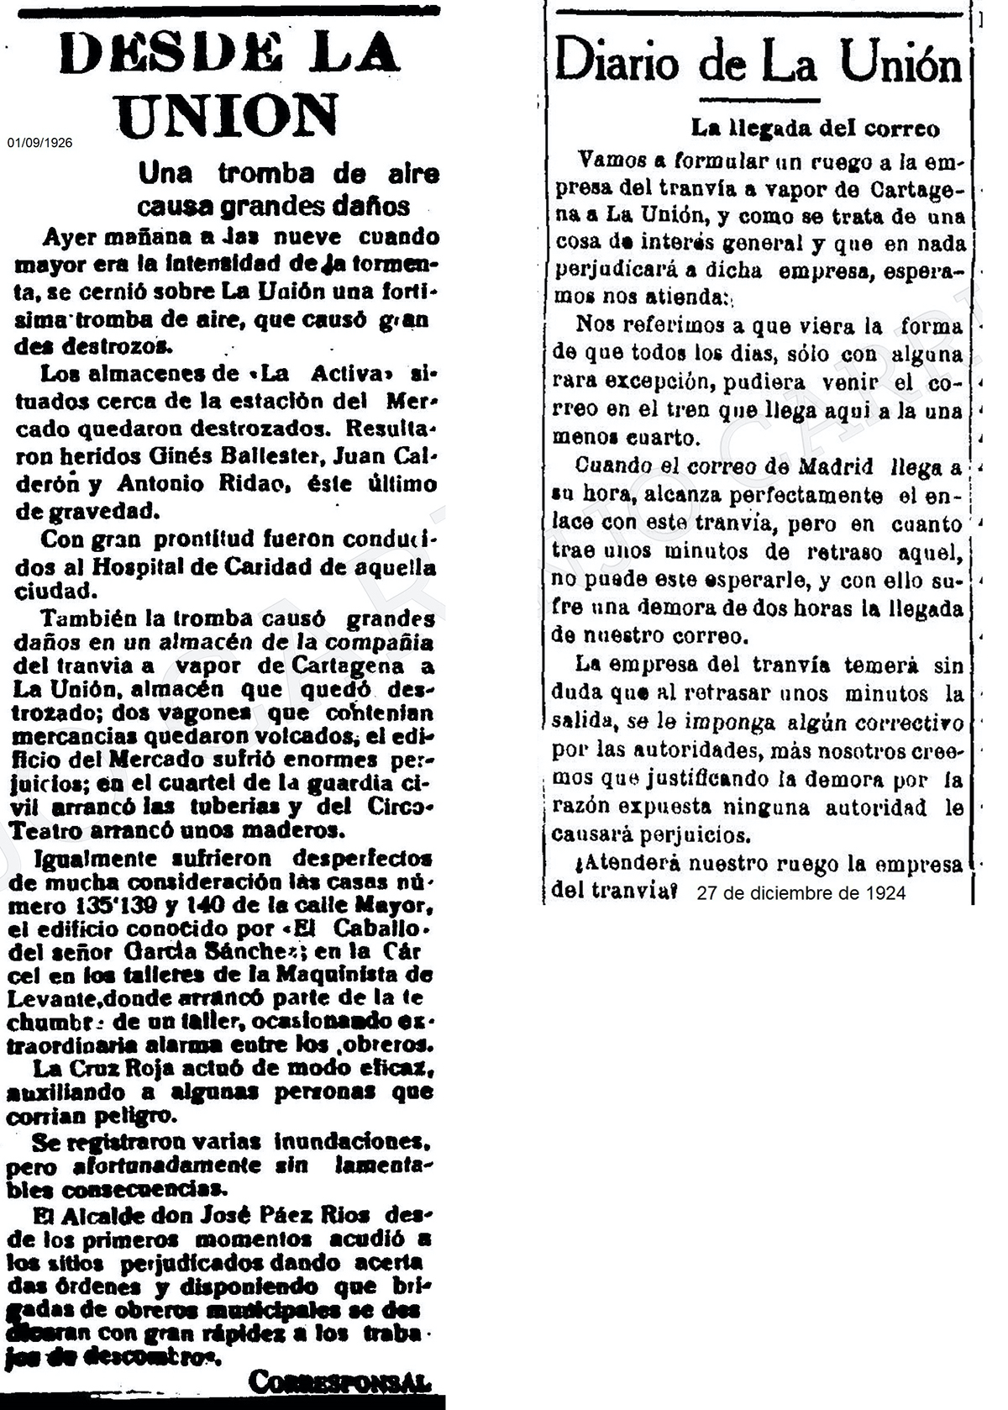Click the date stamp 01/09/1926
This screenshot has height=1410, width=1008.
(x=40, y=143)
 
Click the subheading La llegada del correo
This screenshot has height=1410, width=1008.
(x=814, y=129)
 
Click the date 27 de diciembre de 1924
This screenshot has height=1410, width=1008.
(x=801, y=892)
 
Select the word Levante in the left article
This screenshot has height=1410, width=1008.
(x=47, y=999)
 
